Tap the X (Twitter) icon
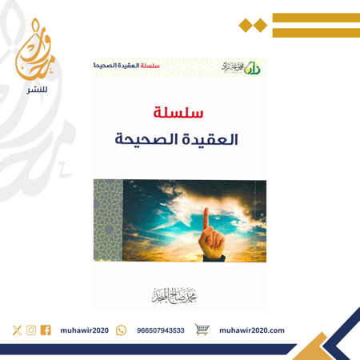tap(18, 330)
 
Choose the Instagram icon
tap(31, 330)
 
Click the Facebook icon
tap(45, 330)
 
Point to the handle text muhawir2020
tap(85, 330)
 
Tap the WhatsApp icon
tap(121, 330)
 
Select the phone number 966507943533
tap(161, 330)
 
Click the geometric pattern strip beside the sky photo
tap(107, 221)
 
